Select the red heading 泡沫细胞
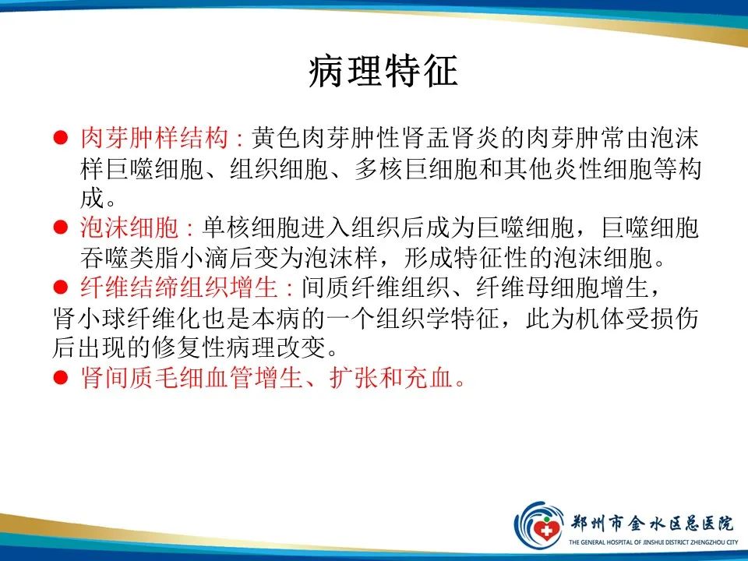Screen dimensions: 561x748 click(130, 228)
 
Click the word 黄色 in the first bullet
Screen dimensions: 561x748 click(276, 140)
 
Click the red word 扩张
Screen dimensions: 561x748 click(336, 378)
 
